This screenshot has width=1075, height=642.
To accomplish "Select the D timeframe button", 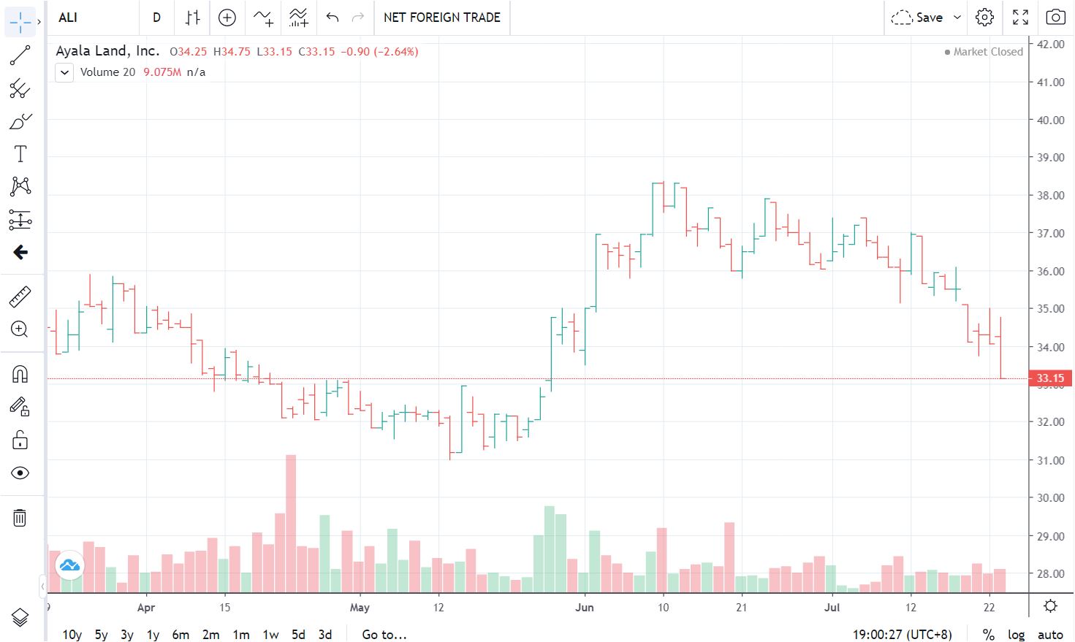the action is click(156, 18).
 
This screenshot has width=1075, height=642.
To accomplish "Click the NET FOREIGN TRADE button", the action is click(442, 18).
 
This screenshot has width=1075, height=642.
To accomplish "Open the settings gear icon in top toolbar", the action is click(984, 18).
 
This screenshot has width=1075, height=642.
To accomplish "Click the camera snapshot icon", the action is click(1055, 18).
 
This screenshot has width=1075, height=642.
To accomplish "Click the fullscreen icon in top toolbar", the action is click(1020, 18).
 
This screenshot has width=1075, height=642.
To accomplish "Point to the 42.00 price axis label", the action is click(1051, 44).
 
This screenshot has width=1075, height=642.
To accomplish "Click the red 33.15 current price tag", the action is click(1051, 378).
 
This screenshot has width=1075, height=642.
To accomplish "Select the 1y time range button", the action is click(153, 634).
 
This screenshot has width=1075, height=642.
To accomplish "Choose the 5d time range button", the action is click(298, 634).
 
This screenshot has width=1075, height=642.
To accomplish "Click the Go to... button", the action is click(384, 634).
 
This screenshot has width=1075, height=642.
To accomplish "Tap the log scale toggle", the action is click(1016, 634).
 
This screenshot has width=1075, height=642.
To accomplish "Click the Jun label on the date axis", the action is click(585, 608).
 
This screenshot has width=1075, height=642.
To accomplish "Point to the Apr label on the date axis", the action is click(146, 608).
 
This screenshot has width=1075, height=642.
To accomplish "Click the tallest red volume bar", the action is click(291, 524).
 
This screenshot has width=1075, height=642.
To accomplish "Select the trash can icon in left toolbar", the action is click(20, 518).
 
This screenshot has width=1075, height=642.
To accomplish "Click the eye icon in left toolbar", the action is click(20, 473).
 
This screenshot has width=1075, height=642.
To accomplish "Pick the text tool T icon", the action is click(20, 154).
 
